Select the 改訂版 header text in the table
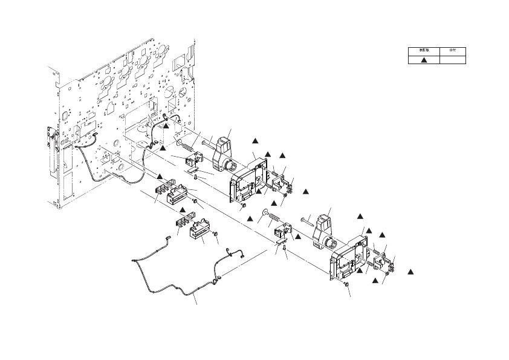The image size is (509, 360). pos(424,51)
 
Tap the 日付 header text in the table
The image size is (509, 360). pos(452,51)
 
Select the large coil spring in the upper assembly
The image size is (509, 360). pos(189,146)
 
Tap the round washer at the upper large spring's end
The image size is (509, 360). pos(179,142)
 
